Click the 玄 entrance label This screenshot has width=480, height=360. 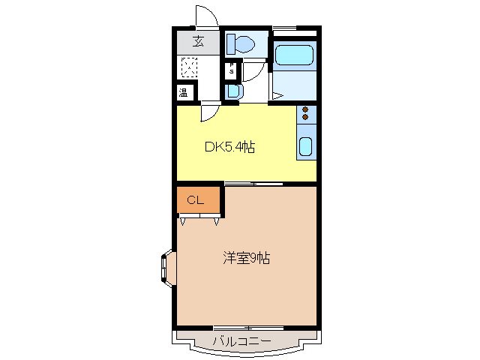click(198, 42)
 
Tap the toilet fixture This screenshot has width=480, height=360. click(241, 43)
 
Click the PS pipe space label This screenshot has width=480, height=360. click(232, 69)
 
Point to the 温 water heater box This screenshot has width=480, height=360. click(184, 93)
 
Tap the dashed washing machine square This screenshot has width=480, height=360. click(189, 69)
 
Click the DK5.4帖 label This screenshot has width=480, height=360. click(230, 147)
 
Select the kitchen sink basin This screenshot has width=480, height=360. click(306, 145)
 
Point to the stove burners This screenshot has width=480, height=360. click(306, 113)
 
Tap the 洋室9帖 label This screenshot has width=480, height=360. click(245, 259)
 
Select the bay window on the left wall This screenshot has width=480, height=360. click(166, 267)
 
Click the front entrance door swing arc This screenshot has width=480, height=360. click(205, 16)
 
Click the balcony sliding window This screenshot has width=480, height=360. click(245, 328)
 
